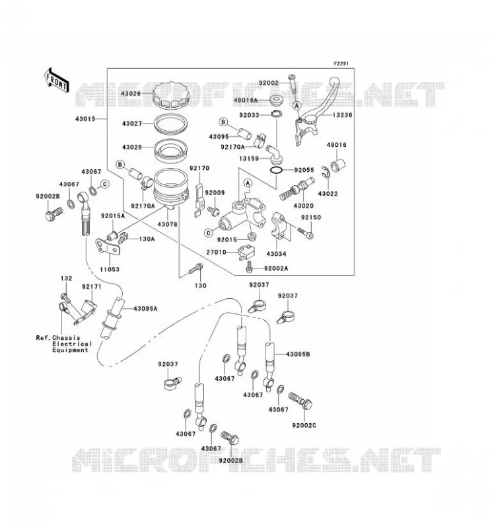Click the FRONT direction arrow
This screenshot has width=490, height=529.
click(57, 81)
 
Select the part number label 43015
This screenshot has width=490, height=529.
click(85, 119)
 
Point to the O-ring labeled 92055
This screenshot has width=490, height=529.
click(277, 171)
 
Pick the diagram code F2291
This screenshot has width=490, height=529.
click(341, 63)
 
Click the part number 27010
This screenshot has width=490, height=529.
click(217, 253)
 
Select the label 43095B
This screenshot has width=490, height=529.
click(298, 354)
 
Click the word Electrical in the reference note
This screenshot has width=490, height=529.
click(72, 344)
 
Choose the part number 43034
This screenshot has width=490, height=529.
click(276, 254)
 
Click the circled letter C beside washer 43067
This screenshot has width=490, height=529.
click(105, 184)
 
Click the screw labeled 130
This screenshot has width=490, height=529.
click(195, 269)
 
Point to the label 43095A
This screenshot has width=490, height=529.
click(145, 309)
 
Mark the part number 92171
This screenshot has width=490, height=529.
click(91, 287)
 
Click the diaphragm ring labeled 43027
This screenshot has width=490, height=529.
click(170, 124)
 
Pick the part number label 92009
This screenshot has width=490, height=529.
click(215, 193)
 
